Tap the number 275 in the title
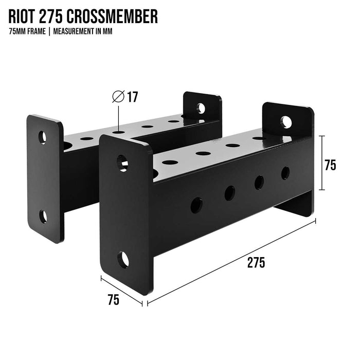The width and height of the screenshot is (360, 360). click(x=51, y=16)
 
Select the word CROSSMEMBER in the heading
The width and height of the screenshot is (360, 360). click(x=113, y=16)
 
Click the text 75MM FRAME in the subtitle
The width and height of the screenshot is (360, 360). click(x=27, y=31)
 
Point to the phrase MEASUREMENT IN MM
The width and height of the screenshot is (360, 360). click(x=83, y=31)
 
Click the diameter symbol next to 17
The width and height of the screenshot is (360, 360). click(x=118, y=97)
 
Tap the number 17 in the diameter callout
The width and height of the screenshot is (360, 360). click(x=133, y=97)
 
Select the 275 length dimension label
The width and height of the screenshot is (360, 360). click(x=256, y=263)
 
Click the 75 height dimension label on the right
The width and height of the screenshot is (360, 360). click(x=330, y=165)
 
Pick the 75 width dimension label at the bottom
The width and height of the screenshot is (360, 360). click(x=114, y=300)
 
